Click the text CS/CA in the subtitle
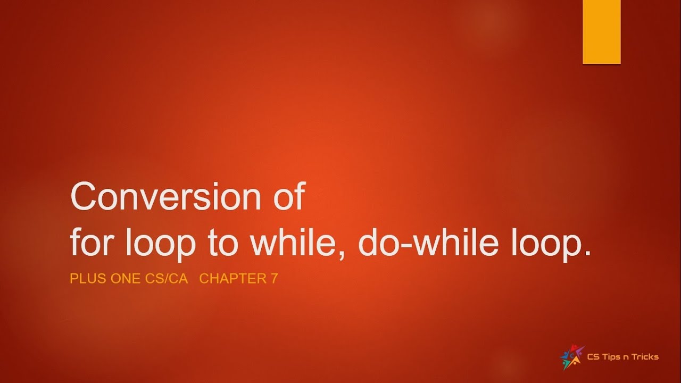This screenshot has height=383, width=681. pos(166,279)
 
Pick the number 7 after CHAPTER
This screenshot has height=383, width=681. pos(275,279)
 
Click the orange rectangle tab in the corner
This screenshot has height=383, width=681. pos(602,32)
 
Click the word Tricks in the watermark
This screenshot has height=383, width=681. pos(644,357)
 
